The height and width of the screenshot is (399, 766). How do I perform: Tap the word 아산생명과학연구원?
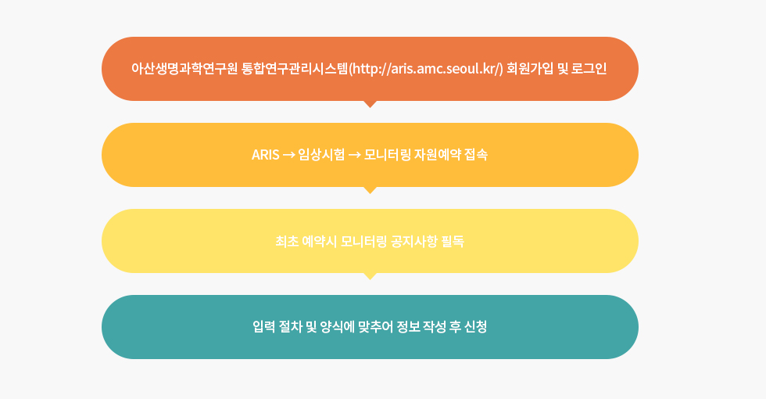pos(184,69)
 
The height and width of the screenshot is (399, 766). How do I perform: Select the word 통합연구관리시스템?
pos(295,69)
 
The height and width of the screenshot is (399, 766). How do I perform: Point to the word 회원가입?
pos(530,69)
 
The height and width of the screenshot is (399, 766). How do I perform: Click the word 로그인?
pos(589,69)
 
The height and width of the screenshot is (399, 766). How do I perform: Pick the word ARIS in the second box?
pos(265,155)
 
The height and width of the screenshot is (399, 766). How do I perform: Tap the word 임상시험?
pos(321,155)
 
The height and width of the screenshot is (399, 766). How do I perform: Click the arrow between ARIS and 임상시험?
pos(288,156)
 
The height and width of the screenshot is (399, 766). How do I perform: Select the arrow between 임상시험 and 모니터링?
pos(355,156)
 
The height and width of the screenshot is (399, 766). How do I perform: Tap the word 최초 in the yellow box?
pos(287,241)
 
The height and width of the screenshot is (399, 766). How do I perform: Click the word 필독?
pos(453,241)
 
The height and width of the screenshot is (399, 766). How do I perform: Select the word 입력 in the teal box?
pos(264,327)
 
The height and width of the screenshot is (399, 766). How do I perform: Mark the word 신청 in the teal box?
pos(475,327)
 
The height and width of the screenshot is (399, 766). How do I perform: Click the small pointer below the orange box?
pos(370,104)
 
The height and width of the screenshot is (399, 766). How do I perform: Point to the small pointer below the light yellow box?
pos(370,276)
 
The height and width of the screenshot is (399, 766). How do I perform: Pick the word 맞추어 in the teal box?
pos(375,327)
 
